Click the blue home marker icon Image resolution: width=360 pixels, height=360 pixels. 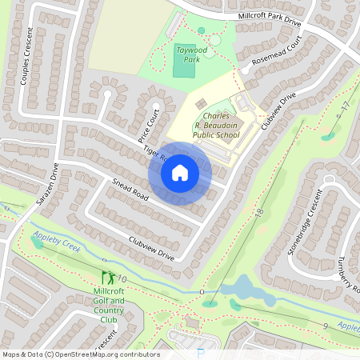pos(180,173)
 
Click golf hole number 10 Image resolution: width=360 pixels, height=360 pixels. pos(122,278)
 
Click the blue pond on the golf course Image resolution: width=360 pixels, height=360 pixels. pos(239,289)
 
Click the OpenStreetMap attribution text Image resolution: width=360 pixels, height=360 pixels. pos(80,354)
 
